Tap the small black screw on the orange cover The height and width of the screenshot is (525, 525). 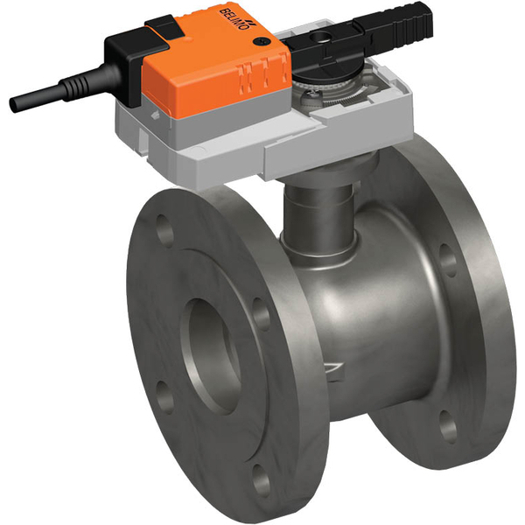(259, 41)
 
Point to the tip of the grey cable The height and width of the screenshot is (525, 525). (15, 105)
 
